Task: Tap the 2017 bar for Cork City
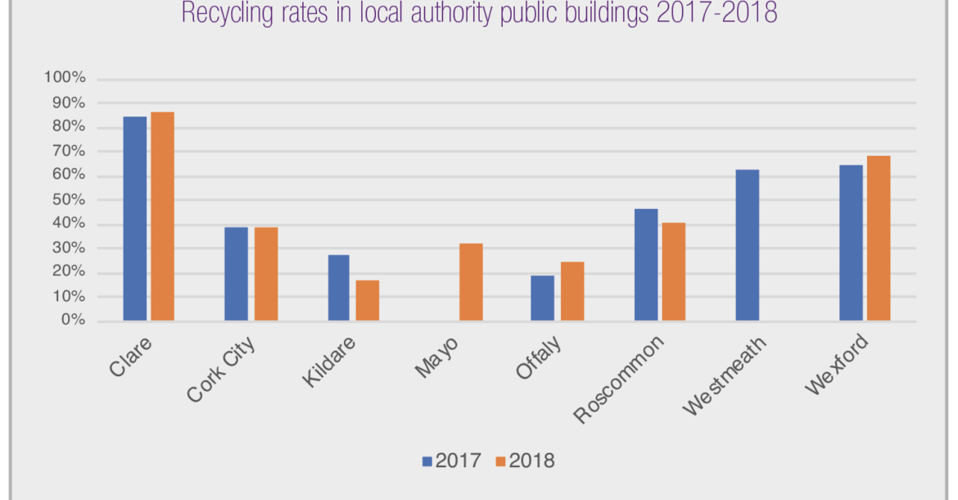tap(236, 274)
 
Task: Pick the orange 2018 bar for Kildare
tap(368, 300)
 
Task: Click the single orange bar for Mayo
tap(471, 282)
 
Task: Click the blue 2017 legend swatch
tap(427, 461)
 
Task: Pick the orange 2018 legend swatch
tap(500, 461)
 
